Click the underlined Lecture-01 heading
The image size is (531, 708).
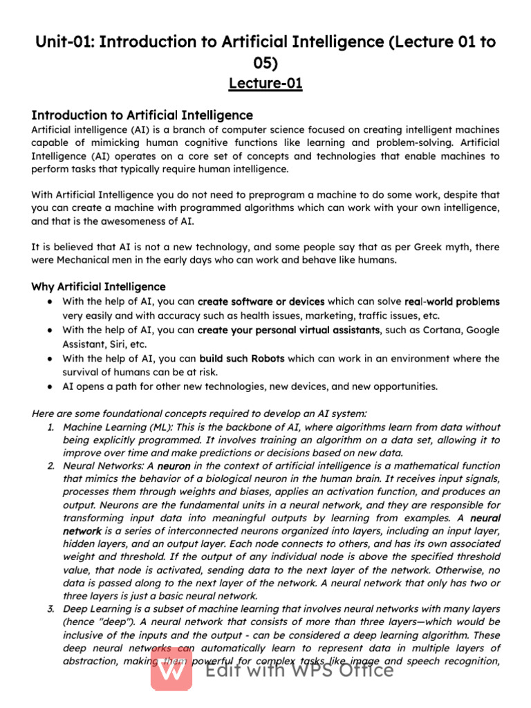click(x=265, y=84)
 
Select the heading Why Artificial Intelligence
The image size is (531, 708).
click(x=99, y=286)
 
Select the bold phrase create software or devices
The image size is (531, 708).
click(x=261, y=301)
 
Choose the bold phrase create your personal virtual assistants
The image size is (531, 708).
click(x=288, y=330)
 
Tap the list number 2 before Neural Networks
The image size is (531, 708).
click(x=51, y=466)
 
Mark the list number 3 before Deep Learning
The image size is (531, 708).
click(x=51, y=608)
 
